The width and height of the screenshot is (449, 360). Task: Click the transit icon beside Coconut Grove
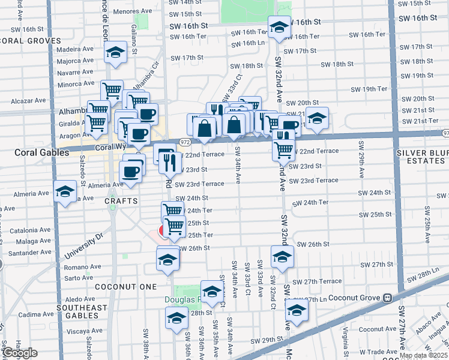point(388,297)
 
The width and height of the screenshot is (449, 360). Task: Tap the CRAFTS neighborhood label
point(121,200)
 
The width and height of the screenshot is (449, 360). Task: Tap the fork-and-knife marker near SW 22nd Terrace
point(169,160)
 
